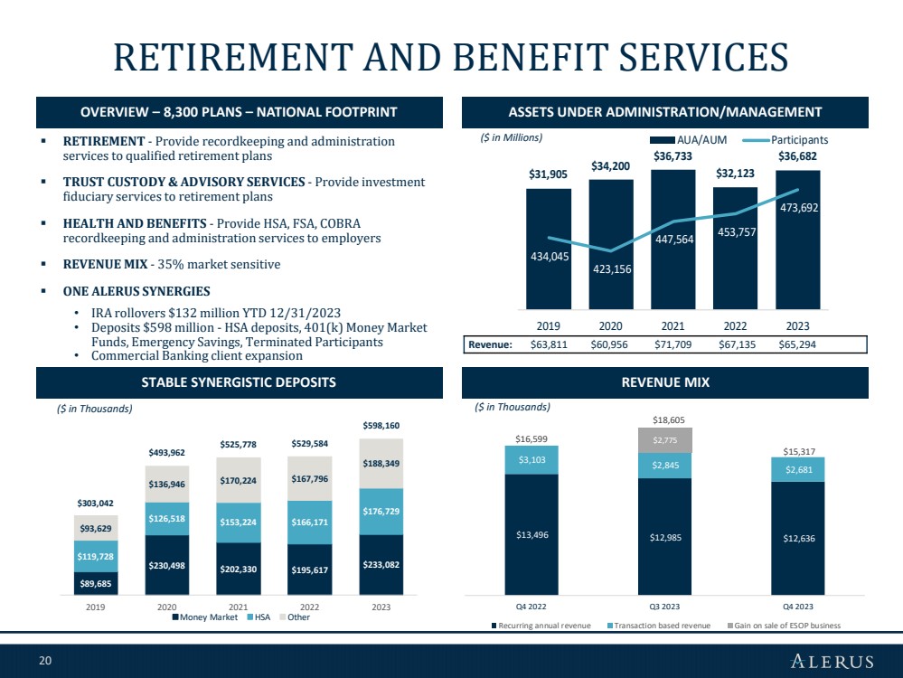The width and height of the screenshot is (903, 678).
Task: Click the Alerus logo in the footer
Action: pos(832,661)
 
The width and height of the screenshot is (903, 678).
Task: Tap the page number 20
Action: pos(45,661)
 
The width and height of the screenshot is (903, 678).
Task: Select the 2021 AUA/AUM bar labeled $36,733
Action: pos(673,239)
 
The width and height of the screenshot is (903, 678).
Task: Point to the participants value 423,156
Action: pos(612,269)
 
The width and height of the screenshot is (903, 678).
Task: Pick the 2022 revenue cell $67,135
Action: pos(737,344)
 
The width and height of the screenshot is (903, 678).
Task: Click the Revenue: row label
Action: pos(490,344)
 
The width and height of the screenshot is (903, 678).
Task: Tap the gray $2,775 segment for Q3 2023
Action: pos(665,440)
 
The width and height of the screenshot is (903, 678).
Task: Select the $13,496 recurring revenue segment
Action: pos(531,534)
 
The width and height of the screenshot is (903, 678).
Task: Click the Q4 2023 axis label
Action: pos(797,607)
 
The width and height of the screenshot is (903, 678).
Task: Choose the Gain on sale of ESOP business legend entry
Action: pos(784,626)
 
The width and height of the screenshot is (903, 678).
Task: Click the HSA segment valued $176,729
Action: pos(381,512)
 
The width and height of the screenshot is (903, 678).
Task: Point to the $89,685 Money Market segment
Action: pos(96,583)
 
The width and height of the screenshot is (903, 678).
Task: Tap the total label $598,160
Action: pos(381,426)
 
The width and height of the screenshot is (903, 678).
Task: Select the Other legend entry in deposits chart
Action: pos(295,617)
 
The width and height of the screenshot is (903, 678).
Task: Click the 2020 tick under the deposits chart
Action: pos(167,607)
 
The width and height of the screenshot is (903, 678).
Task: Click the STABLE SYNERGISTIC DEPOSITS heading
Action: pos(239,382)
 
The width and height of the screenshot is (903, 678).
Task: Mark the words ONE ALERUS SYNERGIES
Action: pos(136,291)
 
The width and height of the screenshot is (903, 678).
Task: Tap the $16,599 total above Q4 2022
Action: pos(531,439)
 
